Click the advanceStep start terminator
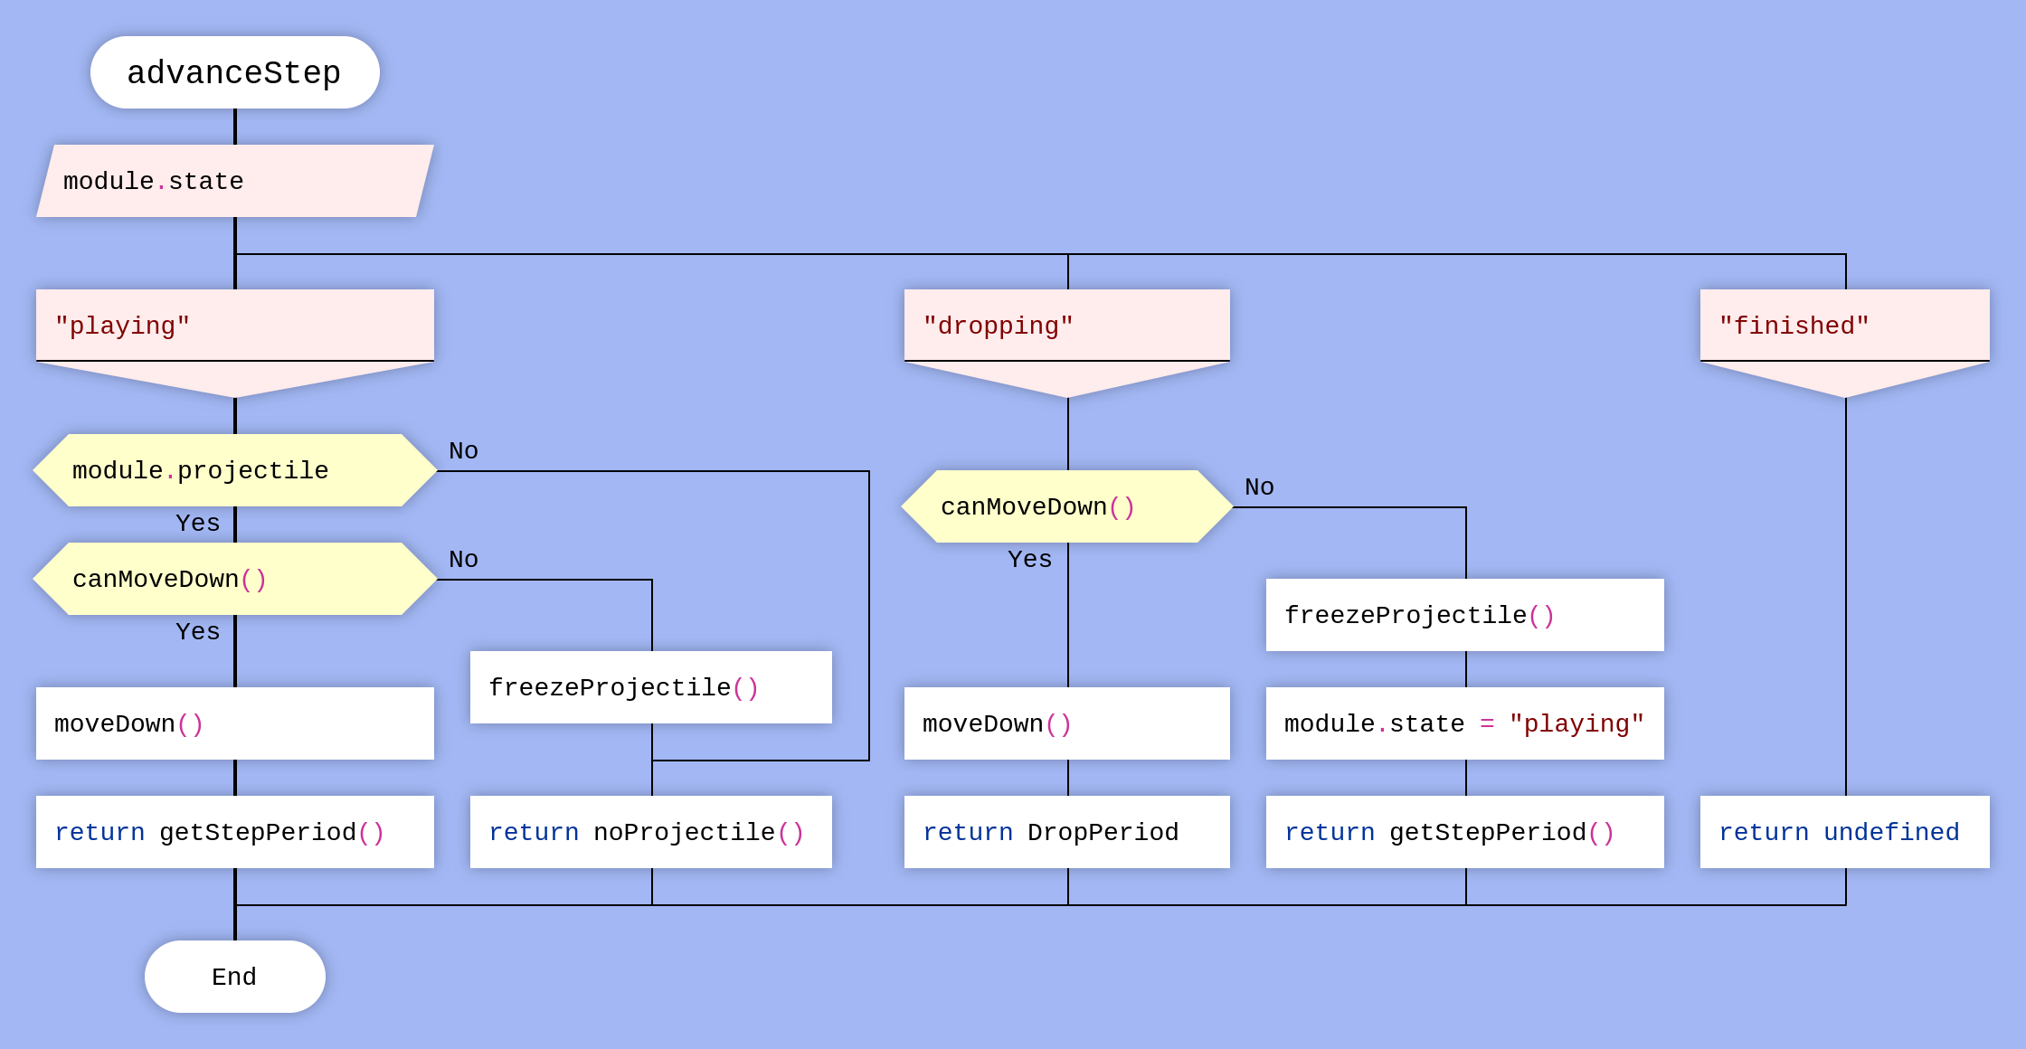tap(235, 72)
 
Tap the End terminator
tap(235, 977)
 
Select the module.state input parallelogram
tap(235, 181)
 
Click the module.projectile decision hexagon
tap(235, 470)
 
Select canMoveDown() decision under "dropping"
tap(1067, 506)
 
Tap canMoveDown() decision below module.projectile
tap(235, 579)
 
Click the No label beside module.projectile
tap(463, 450)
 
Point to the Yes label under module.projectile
tap(197, 523)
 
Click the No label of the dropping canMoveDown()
tap(1259, 487)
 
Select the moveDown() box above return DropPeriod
tap(1067, 723)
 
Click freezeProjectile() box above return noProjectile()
tap(651, 687)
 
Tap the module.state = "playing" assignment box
tap(1465, 723)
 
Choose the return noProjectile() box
tap(651, 832)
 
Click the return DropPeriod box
tap(1067, 832)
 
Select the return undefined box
tap(1845, 832)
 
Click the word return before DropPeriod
tap(968, 832)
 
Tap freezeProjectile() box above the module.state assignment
tap(1465, 615)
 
